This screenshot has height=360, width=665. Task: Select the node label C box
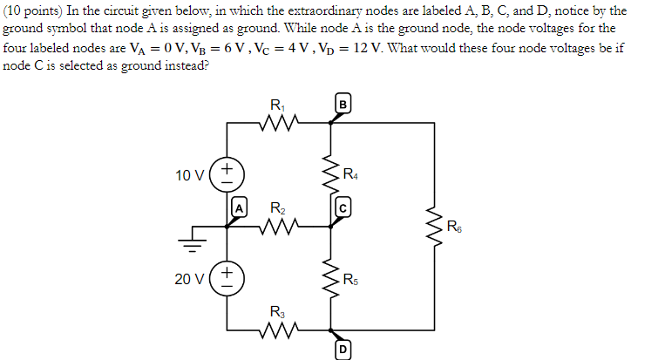(x=343, y=208)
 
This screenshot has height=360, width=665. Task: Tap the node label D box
(x=343, y=350)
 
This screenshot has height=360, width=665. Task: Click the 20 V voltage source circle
(x=227, y=280)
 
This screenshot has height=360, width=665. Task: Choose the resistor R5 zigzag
(x=331, y=280)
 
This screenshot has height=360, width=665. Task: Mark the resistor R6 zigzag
(x=433, y=228)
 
